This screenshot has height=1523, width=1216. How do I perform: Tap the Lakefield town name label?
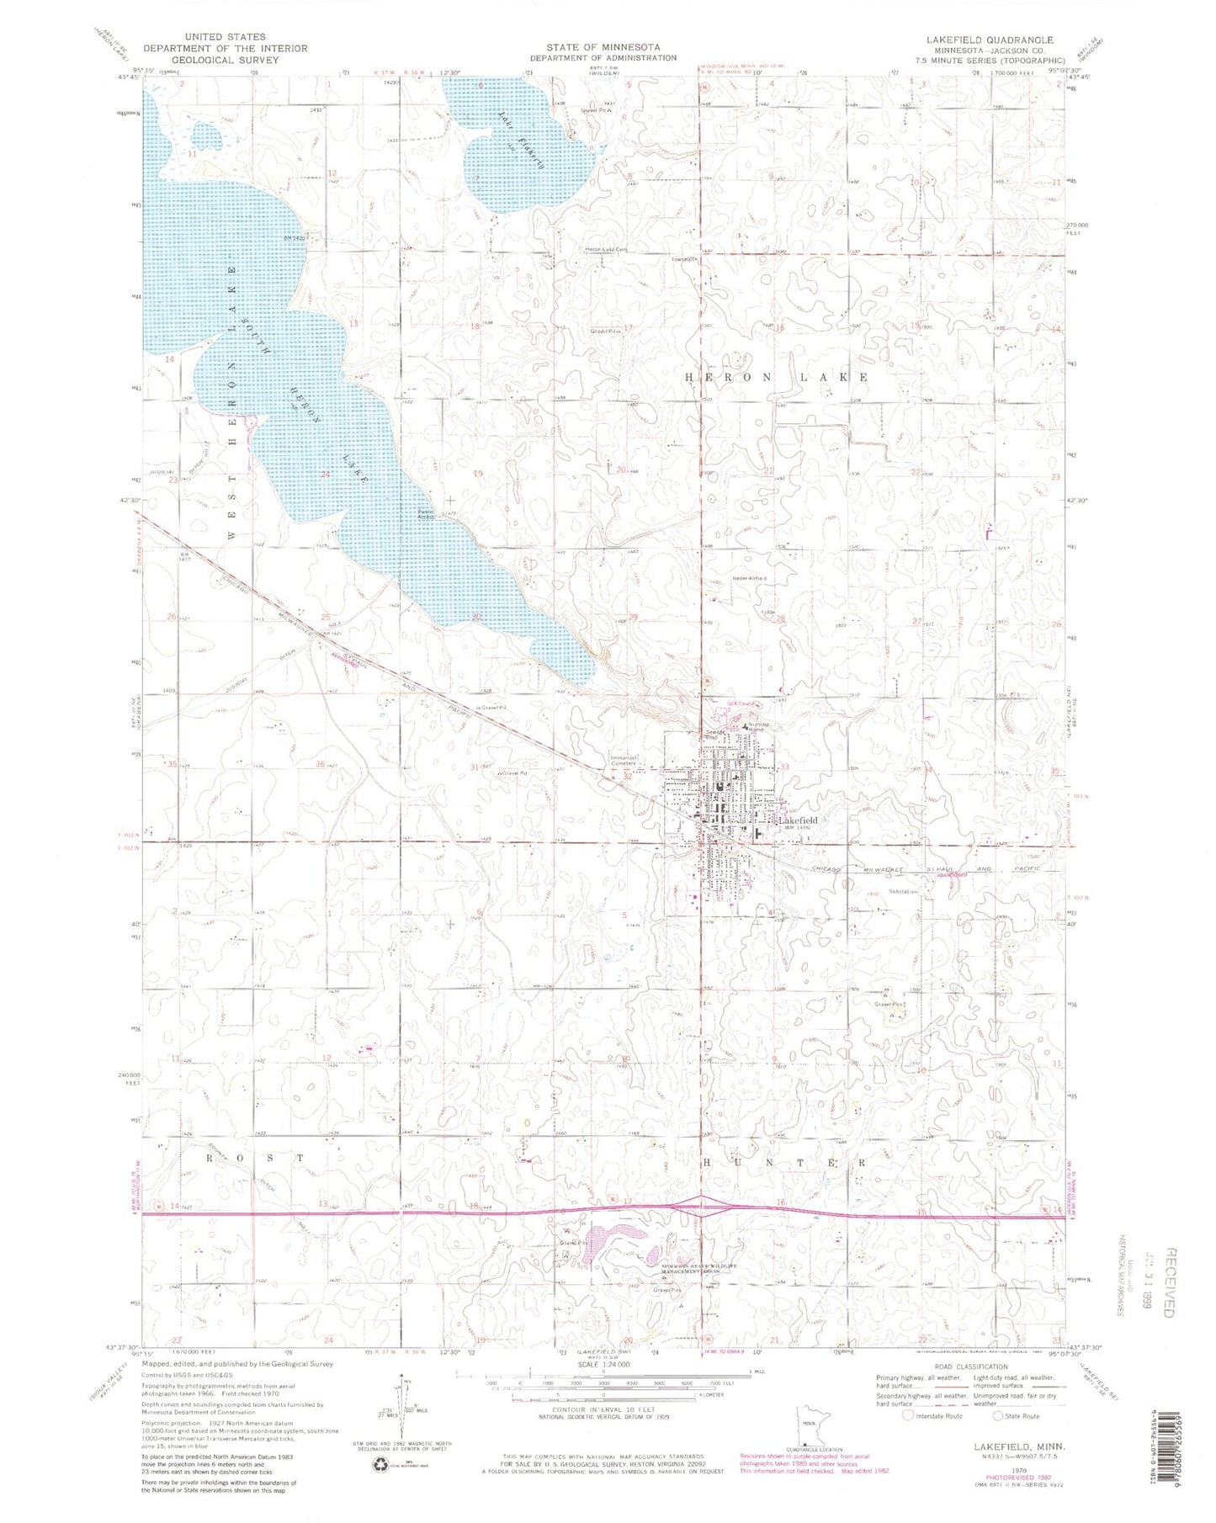click(795, 820)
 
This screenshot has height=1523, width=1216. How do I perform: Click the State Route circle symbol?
click(999, 1415)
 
